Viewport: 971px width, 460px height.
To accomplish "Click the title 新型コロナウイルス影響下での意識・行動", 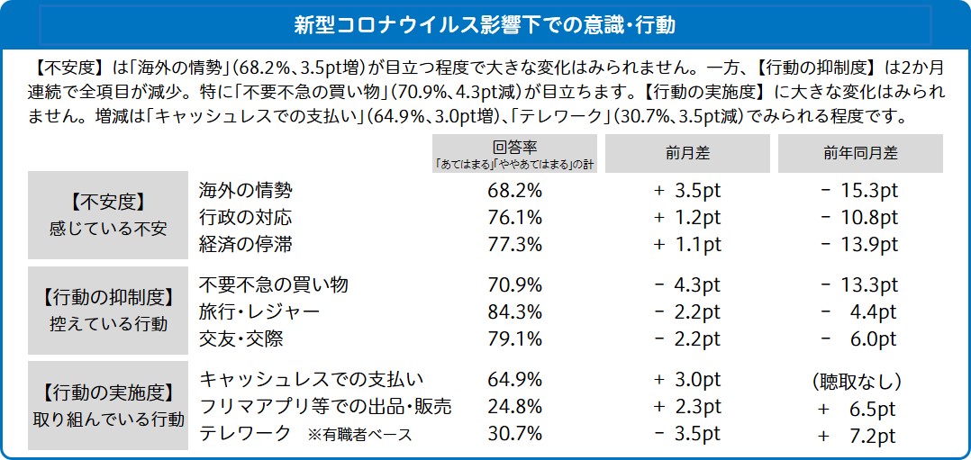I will [x=485, y=24].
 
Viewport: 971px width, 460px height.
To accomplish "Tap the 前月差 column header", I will [x=687, y=153].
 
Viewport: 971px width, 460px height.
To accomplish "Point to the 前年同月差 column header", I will [x=860, y=153].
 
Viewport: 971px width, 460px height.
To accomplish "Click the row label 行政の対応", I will [x=245, y=218].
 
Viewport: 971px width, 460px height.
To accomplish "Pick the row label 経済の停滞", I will [x=245, y=244].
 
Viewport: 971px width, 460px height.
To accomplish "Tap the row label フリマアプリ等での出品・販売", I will [x=324, y=407].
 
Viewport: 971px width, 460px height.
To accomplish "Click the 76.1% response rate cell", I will [x=514, y=218].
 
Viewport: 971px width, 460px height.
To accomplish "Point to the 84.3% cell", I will [x=514, y=311].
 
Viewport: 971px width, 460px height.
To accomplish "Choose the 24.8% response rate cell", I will [x=514, y=407].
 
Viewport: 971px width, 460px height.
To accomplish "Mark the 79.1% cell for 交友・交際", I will [x=514, y=338].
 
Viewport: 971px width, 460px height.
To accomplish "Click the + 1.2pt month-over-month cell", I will [x=687, y=218].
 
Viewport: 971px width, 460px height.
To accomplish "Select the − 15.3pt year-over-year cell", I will [x=859, y=191].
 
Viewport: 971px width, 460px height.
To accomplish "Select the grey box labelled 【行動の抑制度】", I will [x=108, y=310].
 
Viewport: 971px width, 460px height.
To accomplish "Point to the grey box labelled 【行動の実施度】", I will [x=108, y=406].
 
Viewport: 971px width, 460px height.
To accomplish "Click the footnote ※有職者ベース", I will [x=359, y=435].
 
